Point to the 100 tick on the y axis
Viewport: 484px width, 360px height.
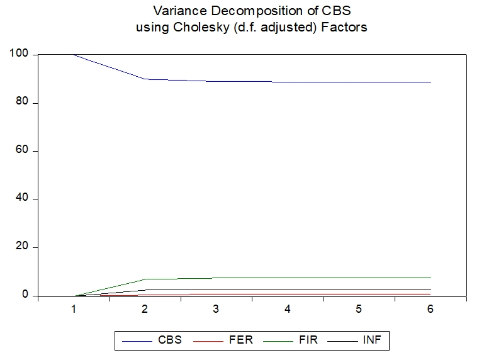pyautogui.click(x=19, y=55)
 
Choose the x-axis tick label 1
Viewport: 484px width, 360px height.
pyautogui.click(x=74, y=310)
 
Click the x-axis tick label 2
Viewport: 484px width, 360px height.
pyautogui.click(x=145, y=310)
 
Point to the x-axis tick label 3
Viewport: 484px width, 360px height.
pyautogui.click(x=217, y=310)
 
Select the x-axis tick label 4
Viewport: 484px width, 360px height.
pyautogui.click(x=288, y=310)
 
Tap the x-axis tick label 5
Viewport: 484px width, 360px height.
pyautogui.click(x=359, y=310)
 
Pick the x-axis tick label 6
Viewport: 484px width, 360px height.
pyautogui.click(x=431, y=310)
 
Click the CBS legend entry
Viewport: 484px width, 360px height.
pyautogui.click(x=169, y=340)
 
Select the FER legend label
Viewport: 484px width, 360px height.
pyautogui.click(x=242, y=340)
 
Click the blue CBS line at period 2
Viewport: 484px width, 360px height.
pyautogui.click(x=145, y=79)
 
